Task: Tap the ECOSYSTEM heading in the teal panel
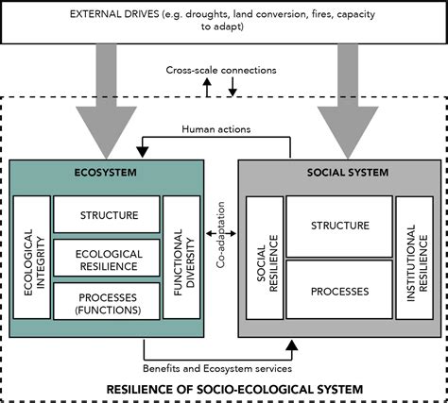(107, 173)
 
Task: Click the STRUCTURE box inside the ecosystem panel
(106, 215)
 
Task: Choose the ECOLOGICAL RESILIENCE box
(106, 260)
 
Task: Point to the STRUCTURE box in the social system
(337, 226)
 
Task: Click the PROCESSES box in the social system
(337, 290)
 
